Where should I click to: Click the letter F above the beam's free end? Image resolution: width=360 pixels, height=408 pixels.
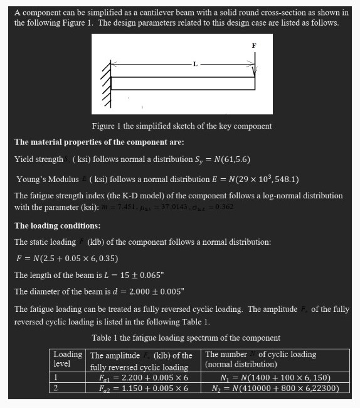(254, 45)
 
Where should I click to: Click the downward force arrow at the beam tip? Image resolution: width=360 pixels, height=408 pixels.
(255, 66)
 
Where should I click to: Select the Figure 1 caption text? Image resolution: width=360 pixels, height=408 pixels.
(182, 126)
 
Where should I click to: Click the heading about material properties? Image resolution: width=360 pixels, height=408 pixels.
(99, 142)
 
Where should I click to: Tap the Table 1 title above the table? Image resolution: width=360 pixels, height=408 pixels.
(186, 338)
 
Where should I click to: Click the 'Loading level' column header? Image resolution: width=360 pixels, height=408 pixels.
(68, 359)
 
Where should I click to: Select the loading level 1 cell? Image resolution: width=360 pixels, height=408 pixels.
(56, 377)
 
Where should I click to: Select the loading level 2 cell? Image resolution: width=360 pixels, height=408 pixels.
(56, 388)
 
